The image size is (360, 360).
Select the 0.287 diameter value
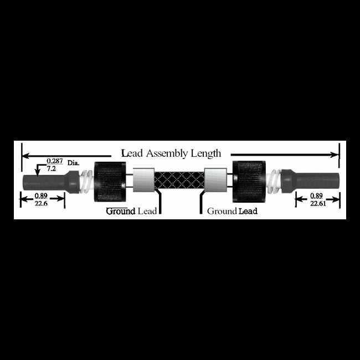point(55,161)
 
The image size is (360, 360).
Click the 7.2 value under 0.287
point(51,168)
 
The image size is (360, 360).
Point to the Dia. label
point(73,163)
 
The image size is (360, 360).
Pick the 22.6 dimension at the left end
point(41,203)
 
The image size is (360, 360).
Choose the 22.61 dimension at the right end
point(318,203)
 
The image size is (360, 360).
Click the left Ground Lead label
point(131,211)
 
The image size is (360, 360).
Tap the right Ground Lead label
point(232,211)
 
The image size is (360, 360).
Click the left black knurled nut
point(110,182)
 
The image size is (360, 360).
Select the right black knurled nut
point(249,182)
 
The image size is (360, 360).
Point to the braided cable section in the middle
point(179,180)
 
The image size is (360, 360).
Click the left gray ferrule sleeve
point(144,180)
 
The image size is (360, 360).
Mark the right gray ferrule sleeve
point(215,180)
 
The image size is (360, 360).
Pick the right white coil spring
point(274,181)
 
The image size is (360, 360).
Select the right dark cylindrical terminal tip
point(310,181)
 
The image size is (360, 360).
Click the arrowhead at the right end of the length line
point(335,155)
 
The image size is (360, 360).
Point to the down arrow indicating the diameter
point(37,171)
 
